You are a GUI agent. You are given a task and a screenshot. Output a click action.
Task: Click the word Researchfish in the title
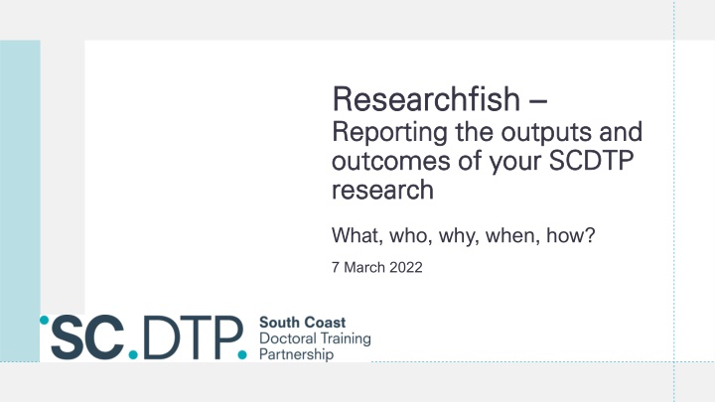tap(426, 99)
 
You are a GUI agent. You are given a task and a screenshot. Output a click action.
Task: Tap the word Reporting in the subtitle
tap(390, 133)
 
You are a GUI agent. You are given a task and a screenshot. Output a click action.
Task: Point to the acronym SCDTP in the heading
tap(591, 161)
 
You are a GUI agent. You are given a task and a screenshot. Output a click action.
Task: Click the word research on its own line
tap(382, 190)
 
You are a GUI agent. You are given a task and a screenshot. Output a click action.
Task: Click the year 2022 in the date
tap(406, 267)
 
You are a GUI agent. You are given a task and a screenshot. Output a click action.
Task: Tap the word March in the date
tap(363, 267)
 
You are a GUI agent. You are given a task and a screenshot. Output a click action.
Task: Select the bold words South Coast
tap(302, 323)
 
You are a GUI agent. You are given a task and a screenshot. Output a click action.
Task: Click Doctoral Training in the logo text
tap(315, 338)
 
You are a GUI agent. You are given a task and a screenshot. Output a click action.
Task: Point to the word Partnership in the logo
tap(296, 354)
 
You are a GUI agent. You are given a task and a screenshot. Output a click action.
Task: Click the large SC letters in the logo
tap(87, 336)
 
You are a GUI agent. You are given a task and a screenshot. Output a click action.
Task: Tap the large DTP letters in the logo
tap(192, 337)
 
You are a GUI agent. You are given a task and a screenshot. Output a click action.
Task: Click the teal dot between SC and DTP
tap(133, 354)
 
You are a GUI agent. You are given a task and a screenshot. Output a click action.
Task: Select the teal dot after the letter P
tap(242, 354)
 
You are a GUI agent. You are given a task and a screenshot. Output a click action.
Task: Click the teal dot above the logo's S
tap(45, 320)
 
